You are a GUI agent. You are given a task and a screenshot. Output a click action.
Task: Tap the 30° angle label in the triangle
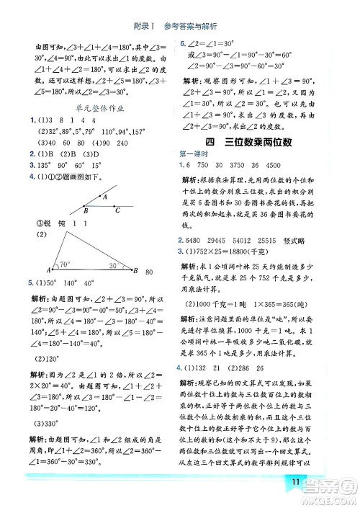115,265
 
